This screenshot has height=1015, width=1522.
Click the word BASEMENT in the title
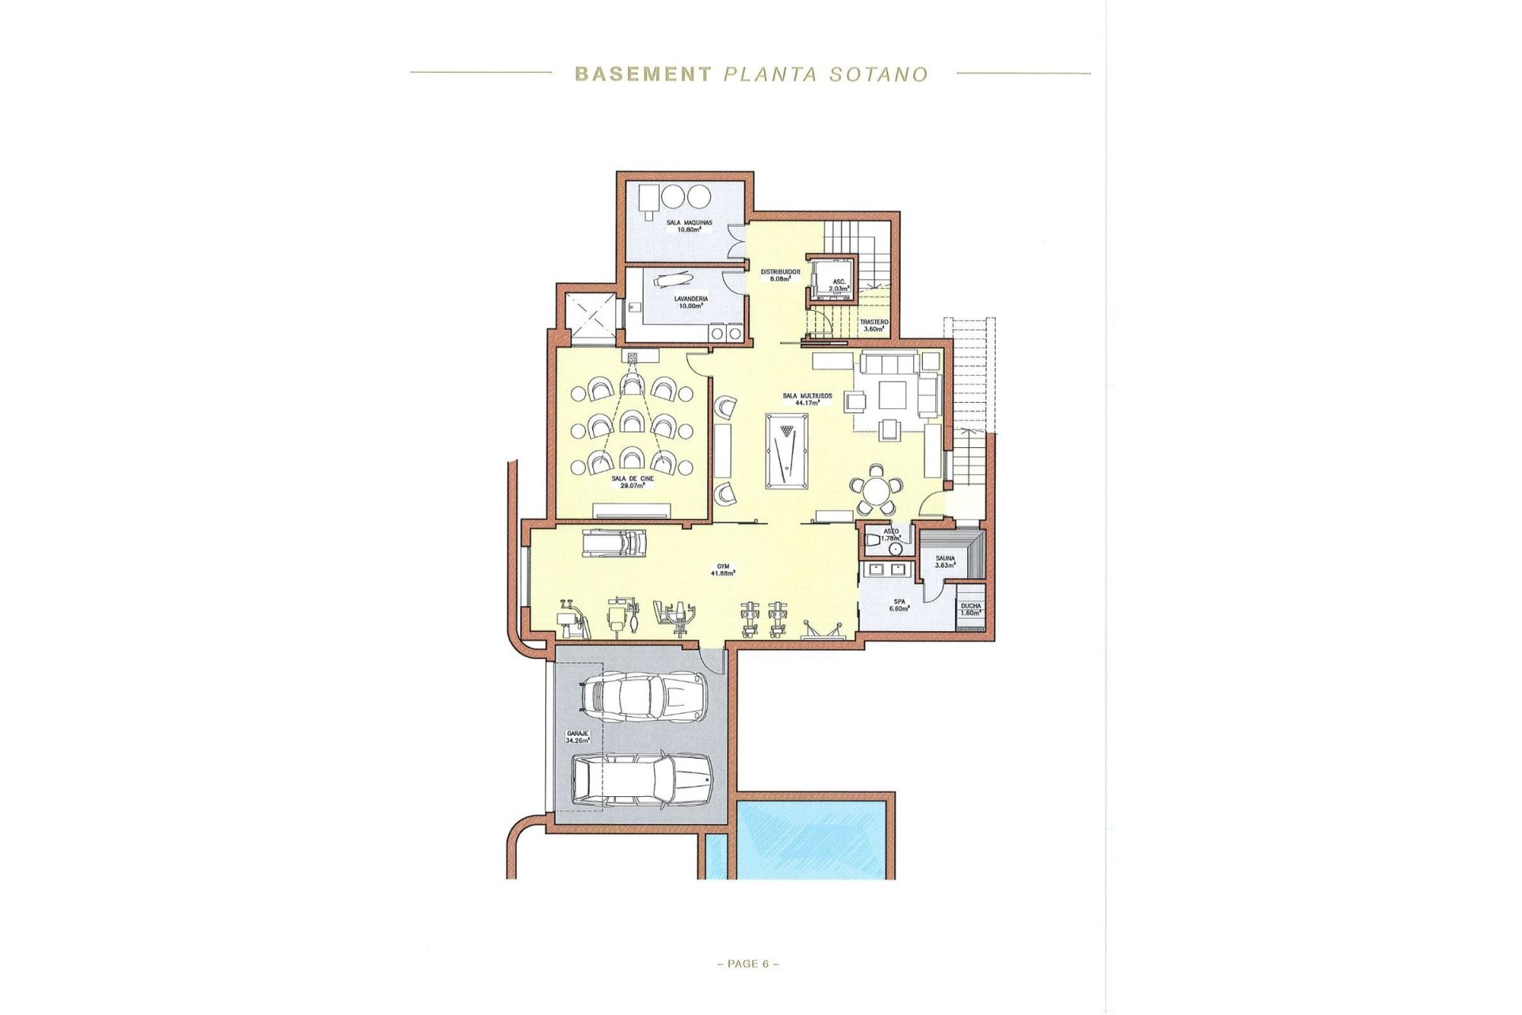(x=642, y=75)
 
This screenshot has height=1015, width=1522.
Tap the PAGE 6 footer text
(x=748, y=964)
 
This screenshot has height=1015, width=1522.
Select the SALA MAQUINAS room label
(x=688, y=226)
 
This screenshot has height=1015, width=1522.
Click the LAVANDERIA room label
(x=690, y=302)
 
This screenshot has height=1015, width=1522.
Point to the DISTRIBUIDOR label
(x=780, y=275)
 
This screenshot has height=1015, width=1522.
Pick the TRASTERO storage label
(x=874, y=325)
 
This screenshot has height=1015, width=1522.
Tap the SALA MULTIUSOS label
(x=807, y=399)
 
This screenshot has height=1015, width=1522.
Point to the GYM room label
(x=722, y=569)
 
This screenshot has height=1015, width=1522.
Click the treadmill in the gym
(x=614, y=543)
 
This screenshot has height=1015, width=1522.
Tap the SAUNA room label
(x=944, y=561)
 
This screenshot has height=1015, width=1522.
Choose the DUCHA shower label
(x=970, y=609)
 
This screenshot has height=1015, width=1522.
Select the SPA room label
(x=898, y=605)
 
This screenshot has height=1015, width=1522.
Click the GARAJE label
(x=577, y=737)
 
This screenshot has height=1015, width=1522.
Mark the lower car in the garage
(x=642, y=780)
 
